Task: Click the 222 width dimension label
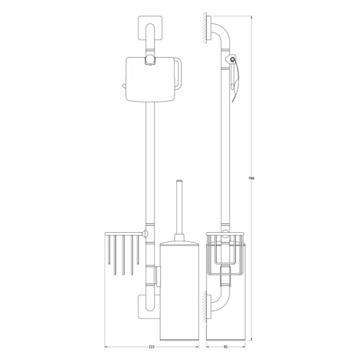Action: click(152, 347)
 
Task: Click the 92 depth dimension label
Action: click(226, 347)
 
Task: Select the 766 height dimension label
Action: click(251, 178)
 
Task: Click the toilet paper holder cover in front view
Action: click(150, 79)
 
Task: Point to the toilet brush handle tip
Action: click(179, 180)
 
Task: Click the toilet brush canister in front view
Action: click(179, 290)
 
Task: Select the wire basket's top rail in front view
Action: click(123, 234)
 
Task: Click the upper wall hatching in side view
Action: click(205, 28)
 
